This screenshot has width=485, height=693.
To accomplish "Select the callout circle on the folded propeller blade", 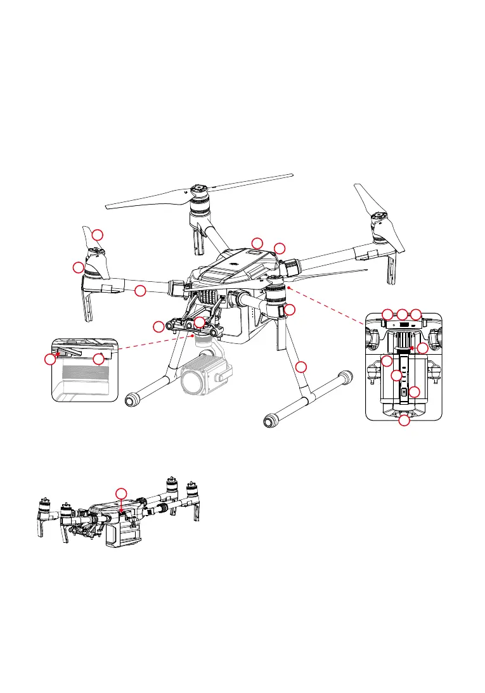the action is (98, 235).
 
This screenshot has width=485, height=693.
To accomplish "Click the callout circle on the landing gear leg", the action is (302, 367).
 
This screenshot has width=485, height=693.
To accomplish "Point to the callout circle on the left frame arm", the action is (140, 291).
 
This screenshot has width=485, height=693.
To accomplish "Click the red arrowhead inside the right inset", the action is (411, 348).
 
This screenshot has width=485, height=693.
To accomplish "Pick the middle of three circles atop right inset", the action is (402, 314).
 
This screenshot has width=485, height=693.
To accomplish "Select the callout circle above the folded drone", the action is (121, 493).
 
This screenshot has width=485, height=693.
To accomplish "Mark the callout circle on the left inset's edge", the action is (50, 359).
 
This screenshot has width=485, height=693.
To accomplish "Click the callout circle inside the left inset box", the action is (98, 359).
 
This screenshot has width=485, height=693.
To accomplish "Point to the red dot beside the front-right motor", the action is (288, 287).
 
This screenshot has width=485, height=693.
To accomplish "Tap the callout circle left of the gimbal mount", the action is (158, 326).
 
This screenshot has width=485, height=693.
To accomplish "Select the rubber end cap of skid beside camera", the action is (133, 400).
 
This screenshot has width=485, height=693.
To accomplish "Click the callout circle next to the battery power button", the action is (414, 392).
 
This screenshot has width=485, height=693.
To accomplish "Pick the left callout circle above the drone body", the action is (257, 243).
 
